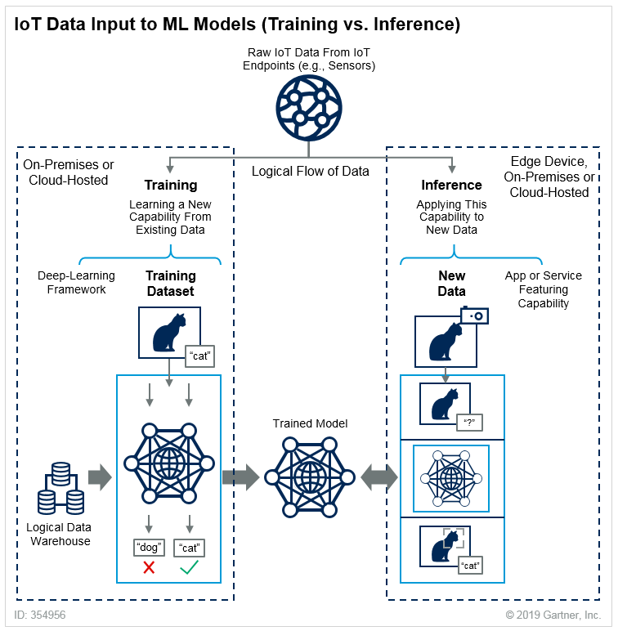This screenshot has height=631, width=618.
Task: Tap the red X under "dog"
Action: (x=149, y=567)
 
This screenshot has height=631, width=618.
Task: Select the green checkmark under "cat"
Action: (x=190, y=567)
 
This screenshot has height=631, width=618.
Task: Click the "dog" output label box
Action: (x=149, y=548)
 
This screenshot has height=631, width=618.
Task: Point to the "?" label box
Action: (x=469, y=423)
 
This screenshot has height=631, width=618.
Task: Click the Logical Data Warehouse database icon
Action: (x=60, y=488)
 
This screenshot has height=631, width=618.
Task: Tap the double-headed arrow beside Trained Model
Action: (x=379, y=477)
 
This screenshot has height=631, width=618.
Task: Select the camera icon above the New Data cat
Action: (x=474, y=315)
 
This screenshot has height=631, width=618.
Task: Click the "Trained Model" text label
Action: (x=310, y=423)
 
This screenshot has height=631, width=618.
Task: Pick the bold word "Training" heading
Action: (x=171, y=185)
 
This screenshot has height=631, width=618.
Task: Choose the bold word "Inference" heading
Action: (x=451, y=185)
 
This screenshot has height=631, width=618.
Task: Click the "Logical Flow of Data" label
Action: (x=310, y=172)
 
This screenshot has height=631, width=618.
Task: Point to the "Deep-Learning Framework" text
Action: (x=76, y=282)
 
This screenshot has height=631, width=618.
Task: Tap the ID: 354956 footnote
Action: (x=40, y=615)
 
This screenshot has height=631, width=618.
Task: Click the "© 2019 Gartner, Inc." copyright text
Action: (x=553, y=615)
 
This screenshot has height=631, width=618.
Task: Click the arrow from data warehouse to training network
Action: (x=99, y=477)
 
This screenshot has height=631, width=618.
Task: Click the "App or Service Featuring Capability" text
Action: (x=544, y=289)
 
